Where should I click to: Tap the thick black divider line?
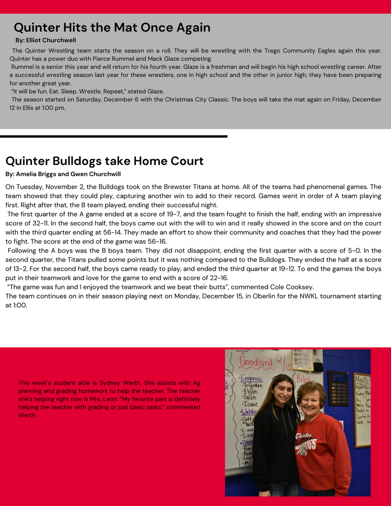point(113,136)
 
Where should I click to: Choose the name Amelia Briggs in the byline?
point(39,174)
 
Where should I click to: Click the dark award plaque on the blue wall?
point(338,388)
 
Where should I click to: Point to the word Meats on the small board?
point(362,379)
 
